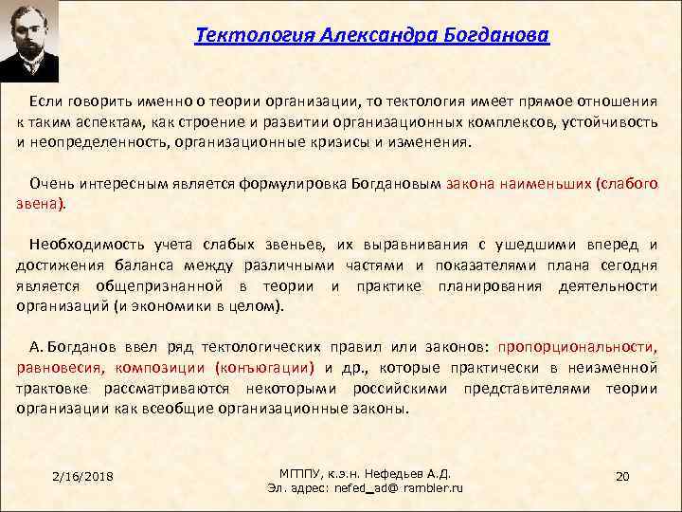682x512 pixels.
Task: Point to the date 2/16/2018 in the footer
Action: click(x=83, y=475)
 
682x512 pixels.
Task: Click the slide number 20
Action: click(x=622, y=475)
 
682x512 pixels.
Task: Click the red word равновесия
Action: click(x=60, y=369)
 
